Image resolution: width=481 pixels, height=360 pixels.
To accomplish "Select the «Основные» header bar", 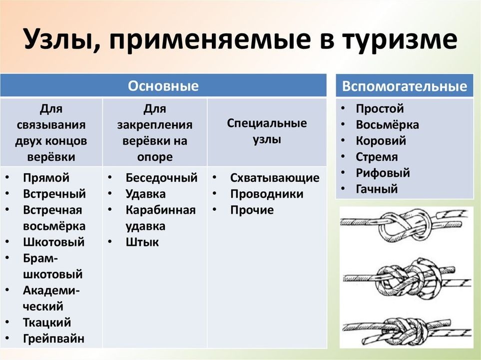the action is point(163,85).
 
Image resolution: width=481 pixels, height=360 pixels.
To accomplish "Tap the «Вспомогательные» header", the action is point(405,86).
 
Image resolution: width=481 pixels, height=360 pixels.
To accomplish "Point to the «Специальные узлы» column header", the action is point(267,131).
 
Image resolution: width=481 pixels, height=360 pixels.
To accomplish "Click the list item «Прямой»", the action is point(46,178).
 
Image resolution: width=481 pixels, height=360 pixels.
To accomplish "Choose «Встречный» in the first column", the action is point(54,194).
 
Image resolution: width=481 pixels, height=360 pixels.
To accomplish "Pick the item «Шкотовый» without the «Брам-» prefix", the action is point(53,242).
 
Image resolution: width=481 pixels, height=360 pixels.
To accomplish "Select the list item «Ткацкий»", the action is point(47,322).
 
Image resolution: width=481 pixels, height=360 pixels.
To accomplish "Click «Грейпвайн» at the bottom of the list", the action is point(53,339).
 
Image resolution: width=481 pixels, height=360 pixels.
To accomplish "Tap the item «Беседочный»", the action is point(161,178).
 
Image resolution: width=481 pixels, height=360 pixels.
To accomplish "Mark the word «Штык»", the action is point(142,242).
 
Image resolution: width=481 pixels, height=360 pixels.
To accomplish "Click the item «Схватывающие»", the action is point(275,178).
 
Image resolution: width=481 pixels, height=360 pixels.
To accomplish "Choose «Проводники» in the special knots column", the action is point(267,194).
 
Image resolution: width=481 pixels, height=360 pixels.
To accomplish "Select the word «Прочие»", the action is point(252,210).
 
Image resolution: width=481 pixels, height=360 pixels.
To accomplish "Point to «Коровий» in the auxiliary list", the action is point(381,141).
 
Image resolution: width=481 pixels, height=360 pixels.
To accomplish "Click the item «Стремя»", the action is point(377,157).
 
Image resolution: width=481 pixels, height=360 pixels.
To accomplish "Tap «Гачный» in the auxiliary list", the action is point(377,189).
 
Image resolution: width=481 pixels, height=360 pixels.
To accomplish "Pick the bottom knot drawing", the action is point(407,331).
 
